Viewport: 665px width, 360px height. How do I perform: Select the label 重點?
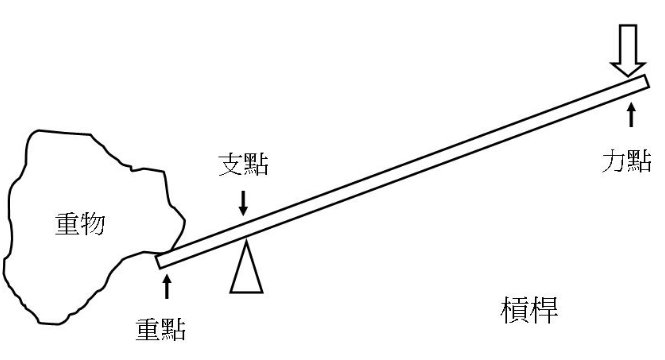click(x=161, y=327)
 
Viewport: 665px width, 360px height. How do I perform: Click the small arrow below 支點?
click(x=244, y=204)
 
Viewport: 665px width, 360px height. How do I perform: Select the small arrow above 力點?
click(x=630, y=113)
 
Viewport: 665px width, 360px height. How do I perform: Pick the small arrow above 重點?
click(x=166, y=287)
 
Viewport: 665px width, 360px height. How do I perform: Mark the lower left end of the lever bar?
click(x=163, y=262)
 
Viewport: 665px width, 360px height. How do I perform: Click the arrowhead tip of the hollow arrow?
click(x=630, y=76)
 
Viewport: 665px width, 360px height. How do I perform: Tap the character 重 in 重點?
click(x=148, y=327)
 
